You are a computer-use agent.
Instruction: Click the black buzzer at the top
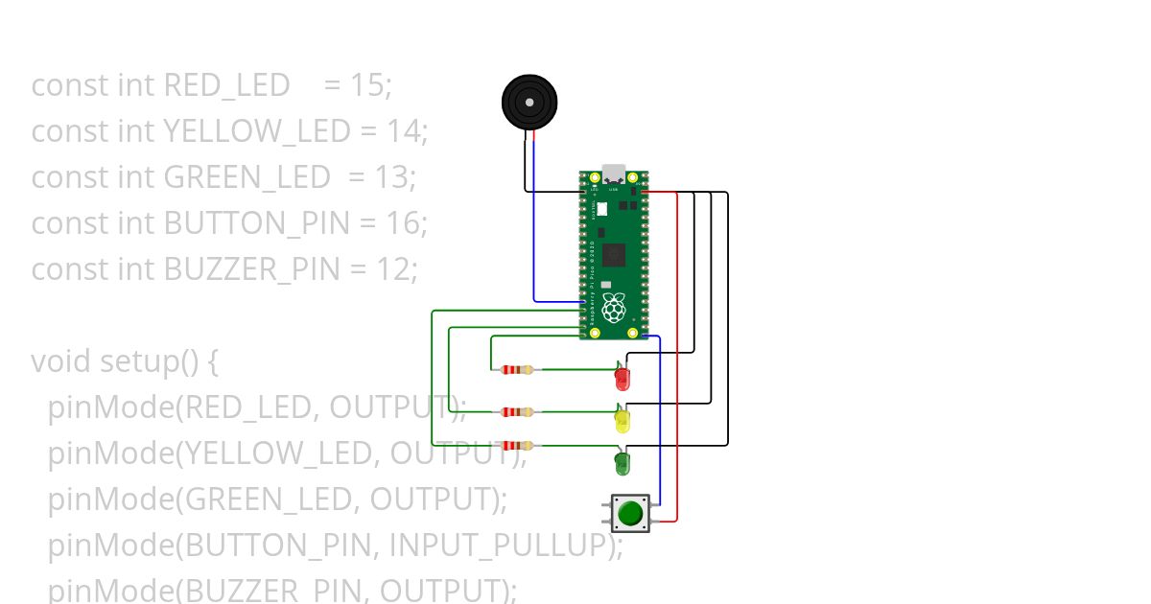(x=529, y=102)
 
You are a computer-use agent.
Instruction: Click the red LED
(x=622, y=379)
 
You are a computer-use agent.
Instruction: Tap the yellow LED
(x=622, y=421)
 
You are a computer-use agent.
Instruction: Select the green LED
(x=622, y=465)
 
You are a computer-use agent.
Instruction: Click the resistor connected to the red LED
(x=517, y=370)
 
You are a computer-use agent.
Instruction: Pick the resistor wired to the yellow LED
(x=517, y=412)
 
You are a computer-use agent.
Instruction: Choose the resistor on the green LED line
(x=517, y=446)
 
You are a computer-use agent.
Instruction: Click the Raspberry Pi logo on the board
(x=614, y=308)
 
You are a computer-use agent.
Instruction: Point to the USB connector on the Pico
(x=614, y=174)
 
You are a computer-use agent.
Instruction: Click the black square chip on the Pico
(x=614, y=255)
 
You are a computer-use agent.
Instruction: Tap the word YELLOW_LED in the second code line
(x=257, y=131)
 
